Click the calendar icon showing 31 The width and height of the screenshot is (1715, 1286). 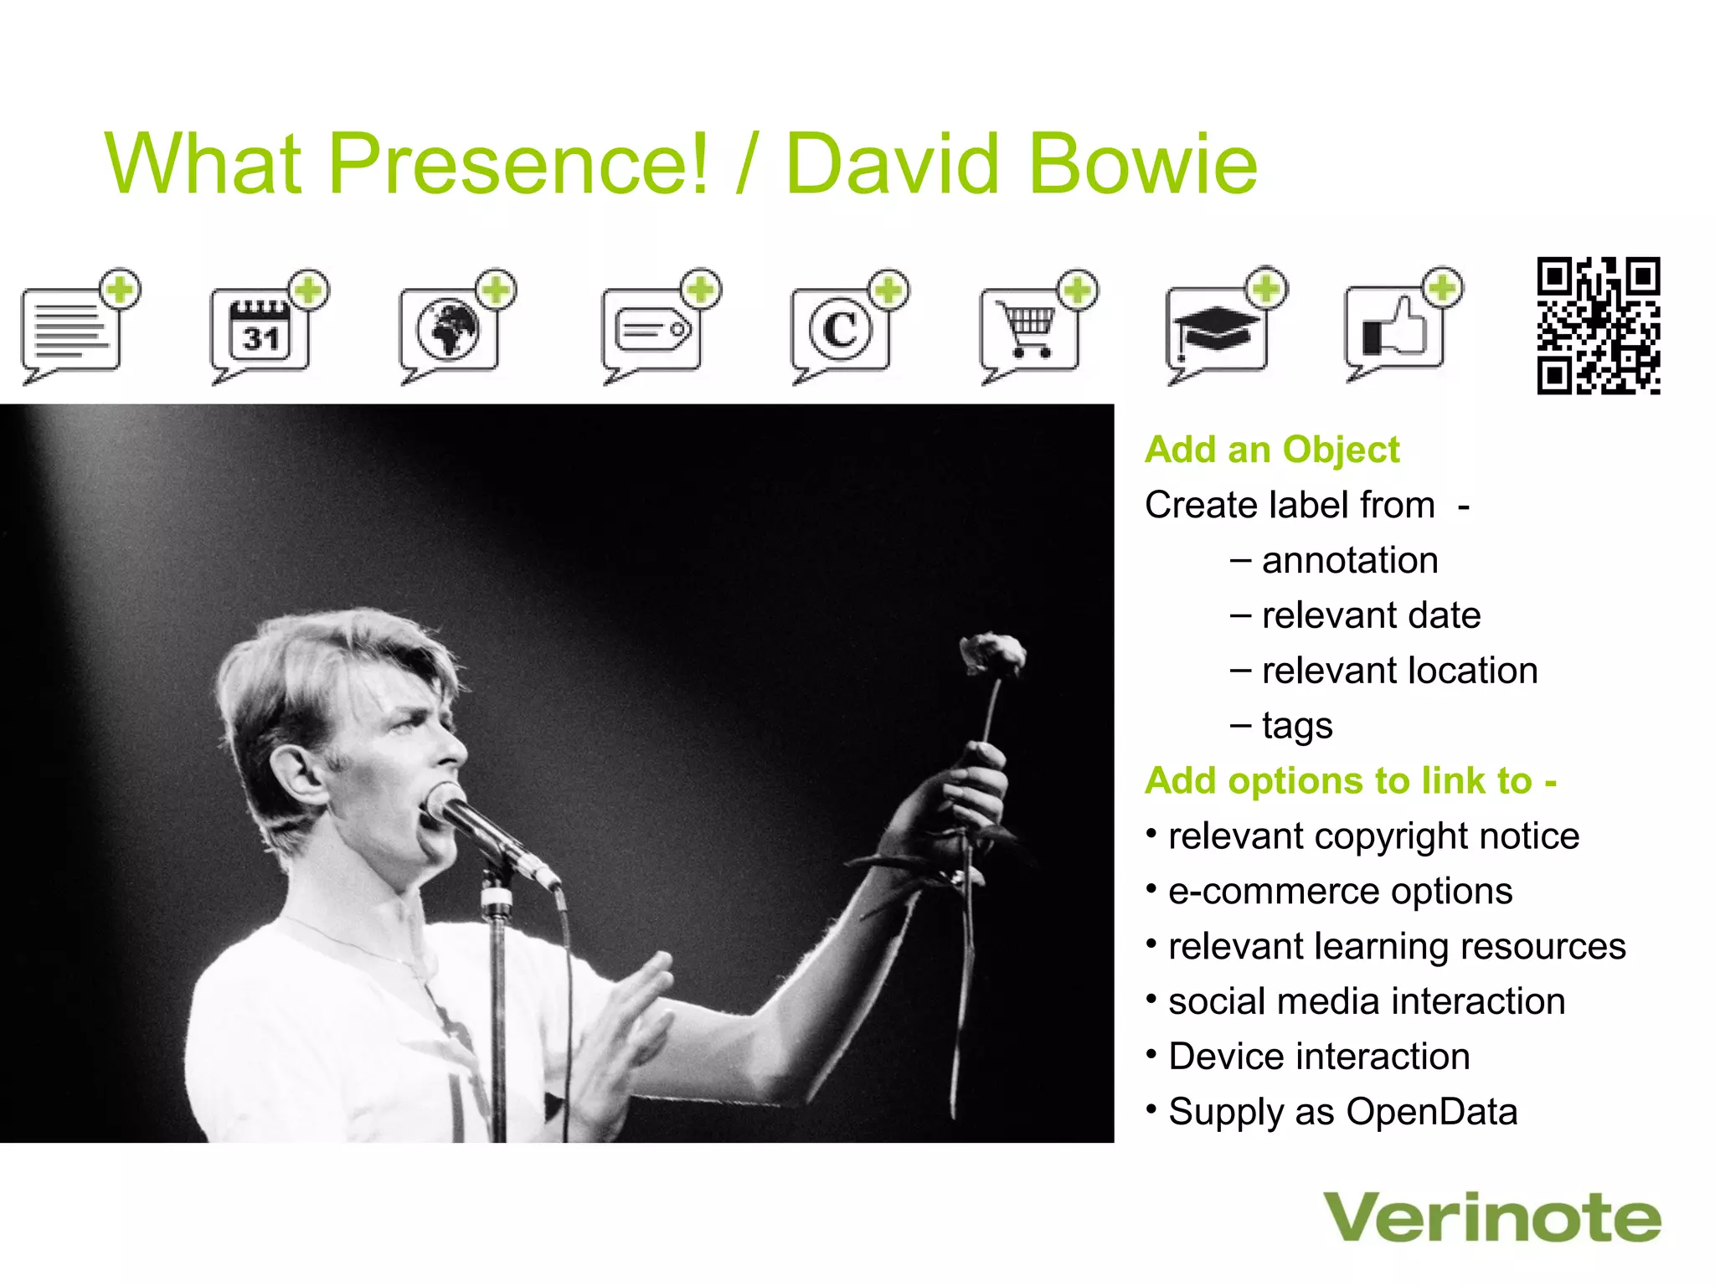(x=260, y=331)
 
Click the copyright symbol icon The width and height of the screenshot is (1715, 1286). (x=841, y=329)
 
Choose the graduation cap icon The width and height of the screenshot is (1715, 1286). (x=1216, y=329)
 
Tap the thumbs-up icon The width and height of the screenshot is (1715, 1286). (x=1394, y=327)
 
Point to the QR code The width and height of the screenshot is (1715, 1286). (x=1598, y=326)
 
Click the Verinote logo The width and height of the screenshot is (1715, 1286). (x=1491, y=1218)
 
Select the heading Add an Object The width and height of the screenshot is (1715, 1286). (x=1271, y=450)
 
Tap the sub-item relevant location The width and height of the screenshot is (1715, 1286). (x=1398, y=671)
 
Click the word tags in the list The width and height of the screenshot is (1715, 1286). (x=1296, y=726)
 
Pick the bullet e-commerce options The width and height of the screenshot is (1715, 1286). (x=1340, y=891)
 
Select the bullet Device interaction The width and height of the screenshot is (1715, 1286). (x=1319, y=1057)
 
